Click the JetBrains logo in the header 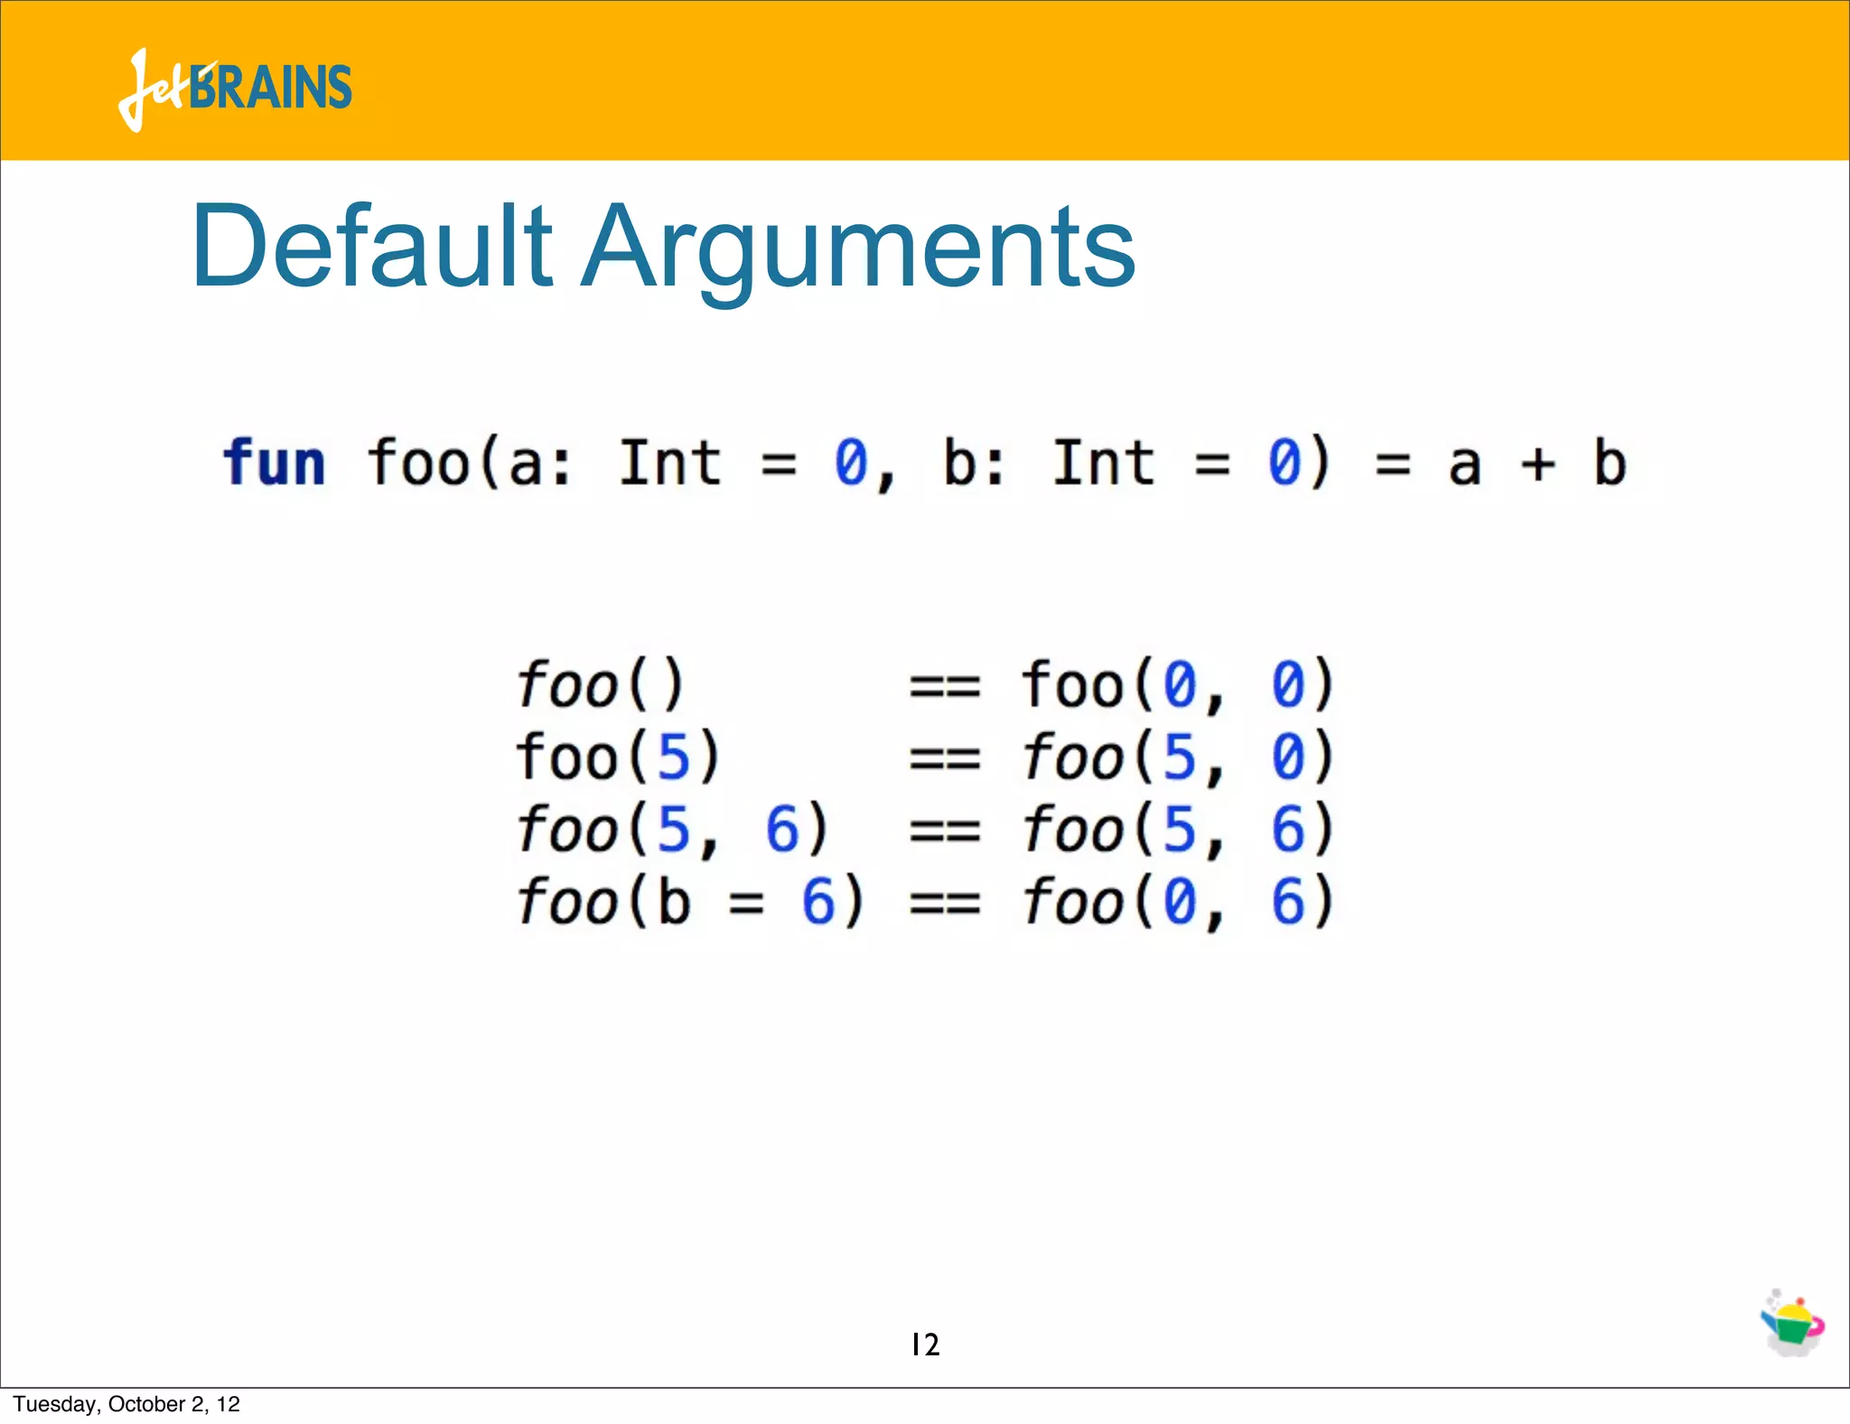click(235, 89)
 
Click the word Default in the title click(370, 246)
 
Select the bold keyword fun click(274, 463)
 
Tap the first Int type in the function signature click(669, 463)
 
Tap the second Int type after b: click(1103, 463)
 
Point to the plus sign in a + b click(1537, 464)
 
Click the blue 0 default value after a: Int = click(851, 463)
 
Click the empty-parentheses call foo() click(601, 684)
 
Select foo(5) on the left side click(618, 756)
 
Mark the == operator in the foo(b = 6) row click(944, 903)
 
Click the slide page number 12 click(925, 1344)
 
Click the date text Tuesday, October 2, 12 click(126, 1404)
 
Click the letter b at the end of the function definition click(1610, 463)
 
